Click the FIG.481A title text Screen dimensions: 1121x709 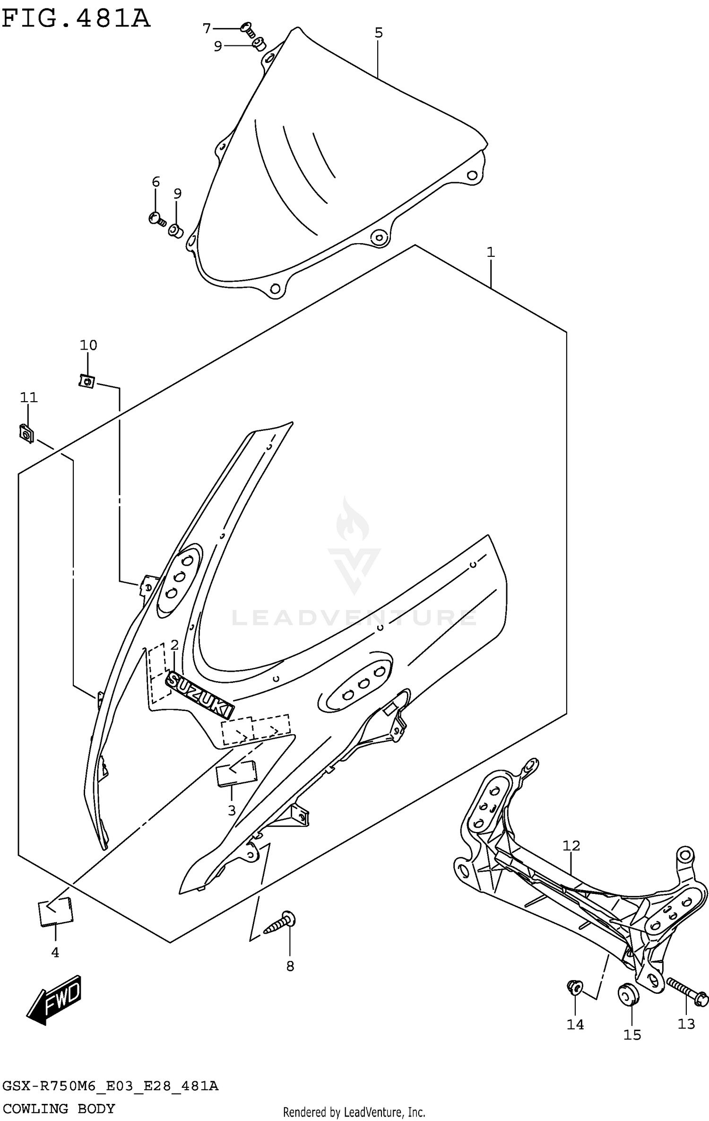point(76,19)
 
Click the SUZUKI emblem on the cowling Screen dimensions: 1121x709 point(200,695)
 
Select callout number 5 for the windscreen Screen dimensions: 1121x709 point(379,33)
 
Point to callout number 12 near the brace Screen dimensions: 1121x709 point(571,845)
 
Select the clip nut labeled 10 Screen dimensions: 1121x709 point(87,380)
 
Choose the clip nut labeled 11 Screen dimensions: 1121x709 point(26,433)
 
